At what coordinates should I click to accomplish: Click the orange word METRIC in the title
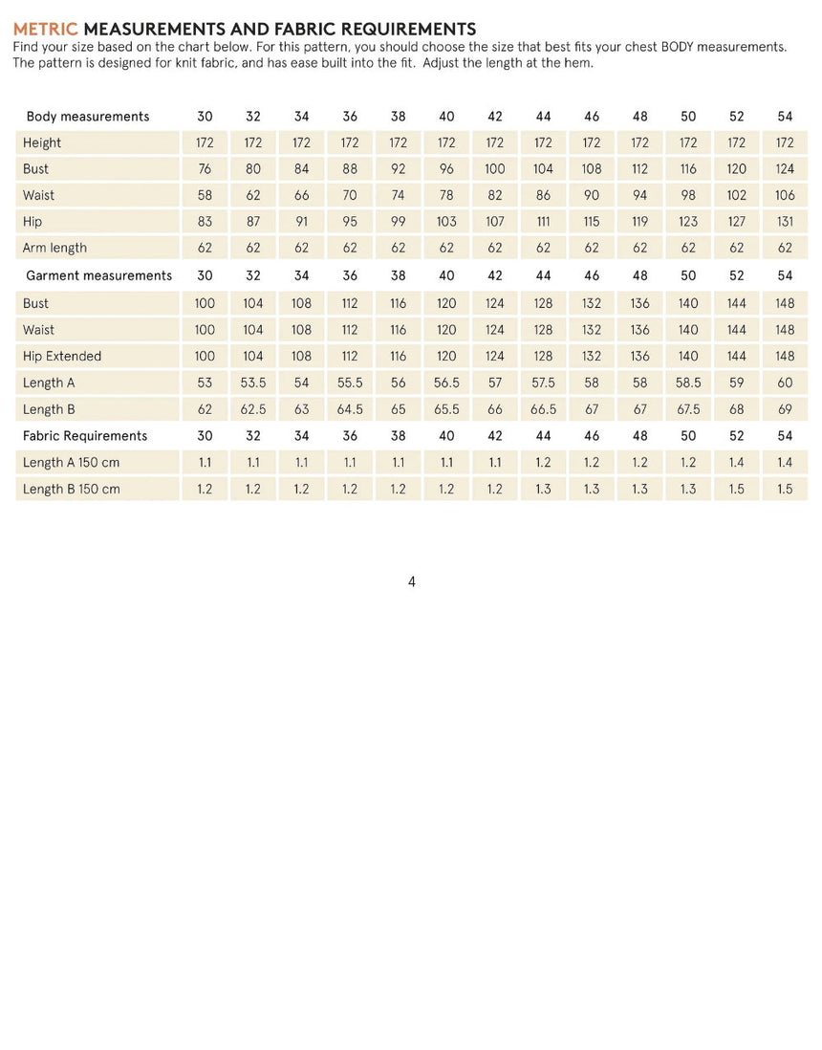pos(45,30)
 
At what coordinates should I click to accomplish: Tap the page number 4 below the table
pos(411,581)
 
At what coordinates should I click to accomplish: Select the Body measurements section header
pos(88,117)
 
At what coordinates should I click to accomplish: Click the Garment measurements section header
pos(98,275)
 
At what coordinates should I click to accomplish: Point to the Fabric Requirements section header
pos(86,436)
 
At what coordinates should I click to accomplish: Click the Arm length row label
pos(54,248)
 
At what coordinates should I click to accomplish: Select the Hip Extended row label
pos(62,356)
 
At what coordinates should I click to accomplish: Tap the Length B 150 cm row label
pos(72,489)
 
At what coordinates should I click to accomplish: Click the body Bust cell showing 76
pos(205,169)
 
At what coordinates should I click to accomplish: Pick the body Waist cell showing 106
pos(785,195)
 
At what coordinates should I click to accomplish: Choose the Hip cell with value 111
pos(543,222)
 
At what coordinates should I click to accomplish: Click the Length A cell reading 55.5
pos(350,383)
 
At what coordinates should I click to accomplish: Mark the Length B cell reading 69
pos(785,409)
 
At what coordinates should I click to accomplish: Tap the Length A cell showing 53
pos(205,383)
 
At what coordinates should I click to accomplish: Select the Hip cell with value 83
pos(205,222)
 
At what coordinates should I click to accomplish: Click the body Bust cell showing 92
pos(399,169)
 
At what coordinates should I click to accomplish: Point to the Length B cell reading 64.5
pos(350,409)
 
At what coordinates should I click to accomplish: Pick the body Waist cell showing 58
pos(205,195)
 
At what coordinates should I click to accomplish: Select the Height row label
pos(42,143)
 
